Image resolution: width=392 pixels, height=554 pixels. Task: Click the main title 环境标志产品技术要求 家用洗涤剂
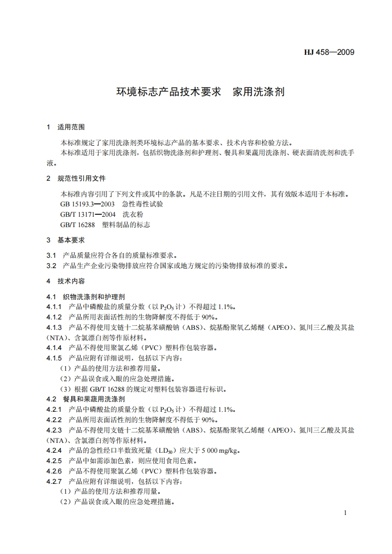tap(200, 92)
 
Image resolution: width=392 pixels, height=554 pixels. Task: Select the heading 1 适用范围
tap(66, 127)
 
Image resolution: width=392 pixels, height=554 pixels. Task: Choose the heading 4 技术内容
tap(66, 281)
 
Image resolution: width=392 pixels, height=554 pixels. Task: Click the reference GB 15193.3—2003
tap(87, 204)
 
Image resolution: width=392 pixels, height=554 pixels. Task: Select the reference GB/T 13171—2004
tap(87, 214)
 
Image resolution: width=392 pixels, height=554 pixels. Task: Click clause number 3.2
tap(51, 266)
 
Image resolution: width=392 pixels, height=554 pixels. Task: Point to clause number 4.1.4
tap(54, 348)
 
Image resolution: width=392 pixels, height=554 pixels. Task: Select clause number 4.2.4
tap(54, 450)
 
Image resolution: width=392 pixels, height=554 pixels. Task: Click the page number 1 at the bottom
tap(346, 513)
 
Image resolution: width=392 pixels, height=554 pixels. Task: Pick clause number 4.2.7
tap(54, 481)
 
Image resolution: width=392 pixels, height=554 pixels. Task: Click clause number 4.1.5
tap(54, 358)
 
